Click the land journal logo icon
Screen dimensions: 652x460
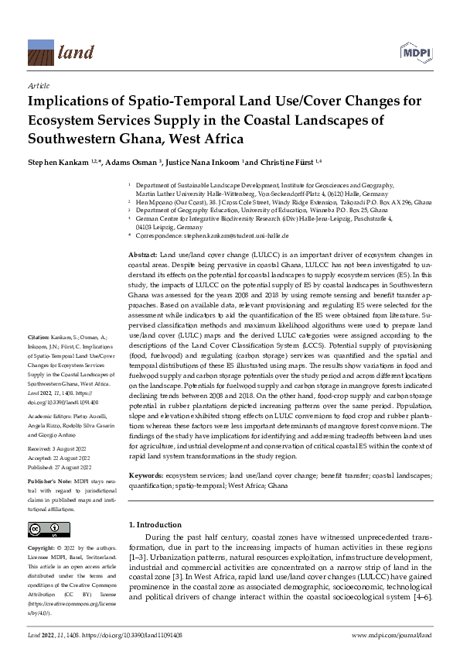(x=39, y=52)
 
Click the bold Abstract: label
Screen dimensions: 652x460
(x=142, y=255)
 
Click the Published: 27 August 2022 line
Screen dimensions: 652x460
(x=62, y=468)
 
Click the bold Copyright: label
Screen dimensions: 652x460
(x=43, y=547)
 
